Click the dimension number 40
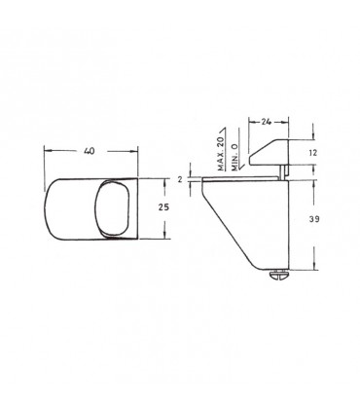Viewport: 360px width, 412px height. click(89, 151)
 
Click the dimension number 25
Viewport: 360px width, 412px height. click(163, 206)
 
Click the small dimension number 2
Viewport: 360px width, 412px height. click(180, 179)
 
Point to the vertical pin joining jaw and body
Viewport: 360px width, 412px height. click(283, 171)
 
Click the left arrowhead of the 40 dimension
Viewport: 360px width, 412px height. click(50, 151)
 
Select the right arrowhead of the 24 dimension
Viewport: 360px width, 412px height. click(289, 122)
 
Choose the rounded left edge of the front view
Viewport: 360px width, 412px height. click(50, 207)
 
